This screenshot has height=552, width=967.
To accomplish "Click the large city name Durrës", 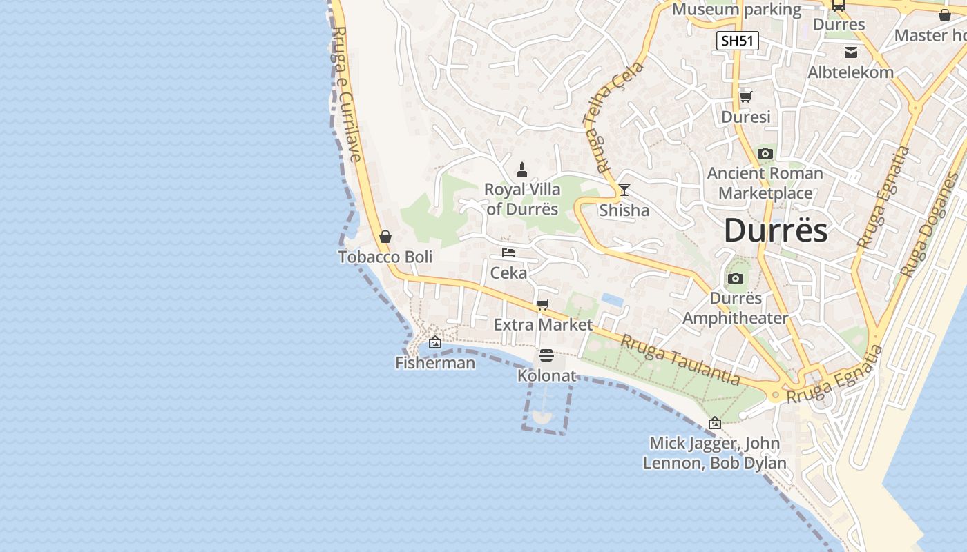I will [x=775, y=230].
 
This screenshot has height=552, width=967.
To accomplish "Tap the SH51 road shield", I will [x=737, y=41].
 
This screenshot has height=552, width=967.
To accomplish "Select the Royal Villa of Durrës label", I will [x=522, y=199].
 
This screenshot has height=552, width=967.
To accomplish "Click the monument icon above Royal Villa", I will [x=522, y=170].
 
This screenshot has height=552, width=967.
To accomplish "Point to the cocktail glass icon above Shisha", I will [x=624, y=190].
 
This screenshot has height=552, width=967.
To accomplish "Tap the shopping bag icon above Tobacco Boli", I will [x=385, y=237].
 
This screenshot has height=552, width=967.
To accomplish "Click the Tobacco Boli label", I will [x=385, y=257].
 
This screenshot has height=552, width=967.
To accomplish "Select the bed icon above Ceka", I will [x=508, y=253].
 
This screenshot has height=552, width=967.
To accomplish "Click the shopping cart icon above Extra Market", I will [x=543, y=304].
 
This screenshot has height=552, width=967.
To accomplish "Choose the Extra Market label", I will [x=543, y=324].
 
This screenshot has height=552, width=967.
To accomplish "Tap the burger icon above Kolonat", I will [x=546, y=356].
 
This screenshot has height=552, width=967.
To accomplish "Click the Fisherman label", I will [x=435, y=363].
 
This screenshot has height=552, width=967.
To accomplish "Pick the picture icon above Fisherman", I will [x=435, y=342].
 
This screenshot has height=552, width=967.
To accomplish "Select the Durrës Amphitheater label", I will [x=735, y=308].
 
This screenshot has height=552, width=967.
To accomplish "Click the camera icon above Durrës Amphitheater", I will [x=736, y=279].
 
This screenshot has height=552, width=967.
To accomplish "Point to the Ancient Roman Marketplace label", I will [x=765, y=183].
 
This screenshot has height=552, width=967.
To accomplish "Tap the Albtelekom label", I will [x=851, y=72].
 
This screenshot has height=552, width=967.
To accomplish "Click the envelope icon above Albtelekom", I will [x=851, y=52].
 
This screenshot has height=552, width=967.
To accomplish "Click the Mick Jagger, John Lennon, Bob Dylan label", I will [x=715, y=453].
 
